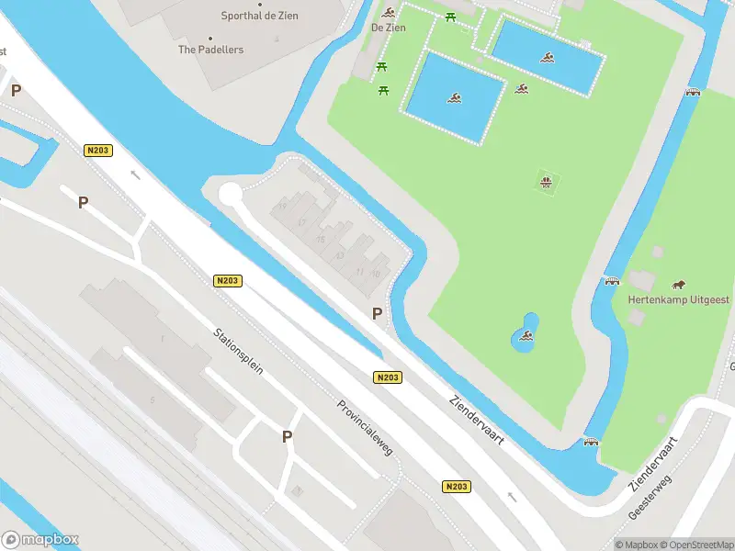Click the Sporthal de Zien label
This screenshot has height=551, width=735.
click(272, 16)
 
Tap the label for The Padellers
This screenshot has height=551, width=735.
click(211, 50)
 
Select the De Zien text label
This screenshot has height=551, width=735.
click(388, 28)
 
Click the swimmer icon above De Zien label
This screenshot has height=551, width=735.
click(390, 12)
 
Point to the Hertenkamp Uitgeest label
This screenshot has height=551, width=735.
click(678, 299)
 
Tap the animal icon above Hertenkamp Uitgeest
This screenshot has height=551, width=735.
click(679, 284)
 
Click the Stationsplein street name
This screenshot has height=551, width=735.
click(239, 352)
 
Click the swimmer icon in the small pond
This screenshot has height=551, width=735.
click(526, 336)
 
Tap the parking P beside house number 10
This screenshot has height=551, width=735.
click(377, 313)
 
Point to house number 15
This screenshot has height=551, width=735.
click(321, 240)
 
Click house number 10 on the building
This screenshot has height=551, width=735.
click(375, 274)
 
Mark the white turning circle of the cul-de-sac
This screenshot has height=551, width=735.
click(229, 194)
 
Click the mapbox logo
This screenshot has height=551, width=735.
click(40, 539)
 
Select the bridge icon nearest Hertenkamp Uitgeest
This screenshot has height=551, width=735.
click(612, 280)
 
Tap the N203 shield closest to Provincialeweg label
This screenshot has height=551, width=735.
click(388, 377)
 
